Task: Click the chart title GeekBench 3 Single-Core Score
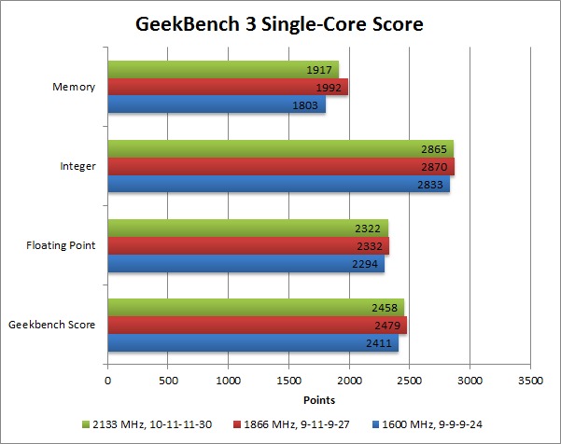(280, 23)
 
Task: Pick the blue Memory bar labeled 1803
(216, 105)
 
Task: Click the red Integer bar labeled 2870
(280, 167)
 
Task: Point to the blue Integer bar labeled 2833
(278, 185)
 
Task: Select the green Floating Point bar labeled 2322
(247, 229)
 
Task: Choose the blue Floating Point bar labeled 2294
(245, 264)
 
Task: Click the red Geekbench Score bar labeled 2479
(257, 326)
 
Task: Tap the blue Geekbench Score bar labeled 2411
(252, 343)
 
